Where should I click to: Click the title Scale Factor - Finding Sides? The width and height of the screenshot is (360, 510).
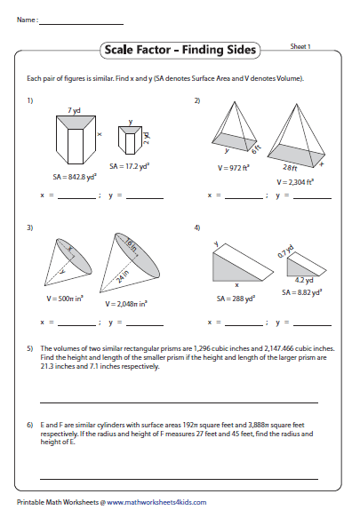tap(179, 51)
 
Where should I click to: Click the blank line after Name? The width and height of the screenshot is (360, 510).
tap(81, 19)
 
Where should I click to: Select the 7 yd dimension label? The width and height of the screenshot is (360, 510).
tap(75, 109)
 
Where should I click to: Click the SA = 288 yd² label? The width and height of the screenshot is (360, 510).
tap(234, 299)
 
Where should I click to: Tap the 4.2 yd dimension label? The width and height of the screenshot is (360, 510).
tap(302, 280)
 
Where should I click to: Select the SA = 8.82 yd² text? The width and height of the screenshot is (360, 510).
tap(304, 291)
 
